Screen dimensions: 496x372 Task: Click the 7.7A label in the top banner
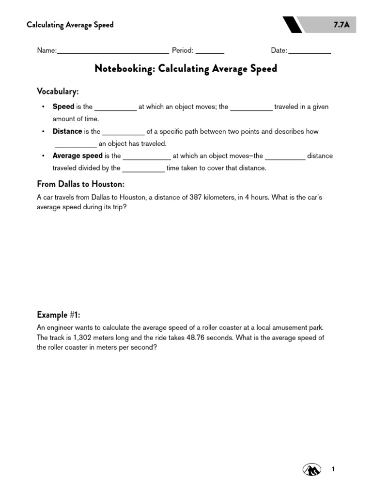[341, 25]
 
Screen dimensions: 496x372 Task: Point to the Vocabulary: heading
[58, 92]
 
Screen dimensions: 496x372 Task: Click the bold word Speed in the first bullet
[63, 107]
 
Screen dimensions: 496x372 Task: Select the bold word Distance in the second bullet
[67, 131]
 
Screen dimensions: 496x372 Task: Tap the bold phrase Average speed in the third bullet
[77, 156]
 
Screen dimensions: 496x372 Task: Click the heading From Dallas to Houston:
[81, 184]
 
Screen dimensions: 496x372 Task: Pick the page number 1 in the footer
[333, 469]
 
